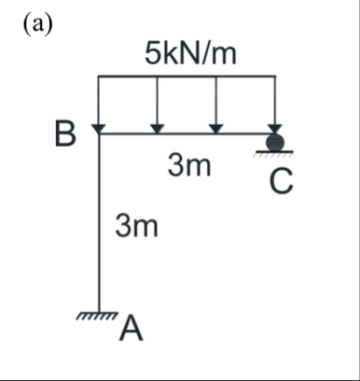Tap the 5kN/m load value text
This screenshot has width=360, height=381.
pos(190,54)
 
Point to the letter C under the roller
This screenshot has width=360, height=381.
pos(282,182)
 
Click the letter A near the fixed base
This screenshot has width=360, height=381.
pos(132,328)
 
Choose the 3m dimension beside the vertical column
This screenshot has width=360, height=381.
pos(136,226)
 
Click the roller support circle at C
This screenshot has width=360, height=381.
pos(275,143)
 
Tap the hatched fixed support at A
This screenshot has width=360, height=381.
pos(99,317)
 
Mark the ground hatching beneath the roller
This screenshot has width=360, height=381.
pos(275,154)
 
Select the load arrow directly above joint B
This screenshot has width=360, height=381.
pos(99,105)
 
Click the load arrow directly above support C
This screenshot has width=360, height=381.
pos(275,105)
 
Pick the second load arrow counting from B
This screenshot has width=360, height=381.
pos(158,105)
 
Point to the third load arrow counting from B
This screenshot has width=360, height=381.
pos(216,105)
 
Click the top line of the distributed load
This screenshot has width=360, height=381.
pos(187,78)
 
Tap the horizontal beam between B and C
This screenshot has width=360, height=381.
pos(187,134)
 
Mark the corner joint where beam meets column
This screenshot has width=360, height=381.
pos(99,134)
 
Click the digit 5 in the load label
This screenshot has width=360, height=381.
pos(152,54)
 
